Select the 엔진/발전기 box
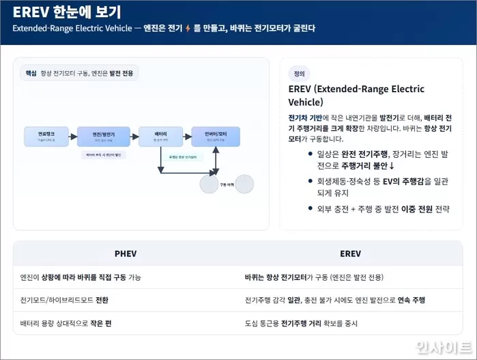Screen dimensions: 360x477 coord(103,136)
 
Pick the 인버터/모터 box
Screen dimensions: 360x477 coord(215,136)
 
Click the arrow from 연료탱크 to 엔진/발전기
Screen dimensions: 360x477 coord(72,137)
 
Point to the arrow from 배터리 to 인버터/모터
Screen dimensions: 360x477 coord(186,137)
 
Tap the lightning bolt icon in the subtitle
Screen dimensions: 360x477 coord(188,29)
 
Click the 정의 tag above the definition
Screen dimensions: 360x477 coord(299,74)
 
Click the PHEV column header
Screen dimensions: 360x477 coord(126,253)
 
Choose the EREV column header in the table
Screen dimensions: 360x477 coord(350,253)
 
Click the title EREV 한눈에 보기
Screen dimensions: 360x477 coord(66,11)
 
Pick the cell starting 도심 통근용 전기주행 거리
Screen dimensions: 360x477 coord(301,323)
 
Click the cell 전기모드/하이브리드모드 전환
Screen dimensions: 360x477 coord(64,300)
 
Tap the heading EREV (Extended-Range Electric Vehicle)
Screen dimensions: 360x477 coord(356,96)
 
